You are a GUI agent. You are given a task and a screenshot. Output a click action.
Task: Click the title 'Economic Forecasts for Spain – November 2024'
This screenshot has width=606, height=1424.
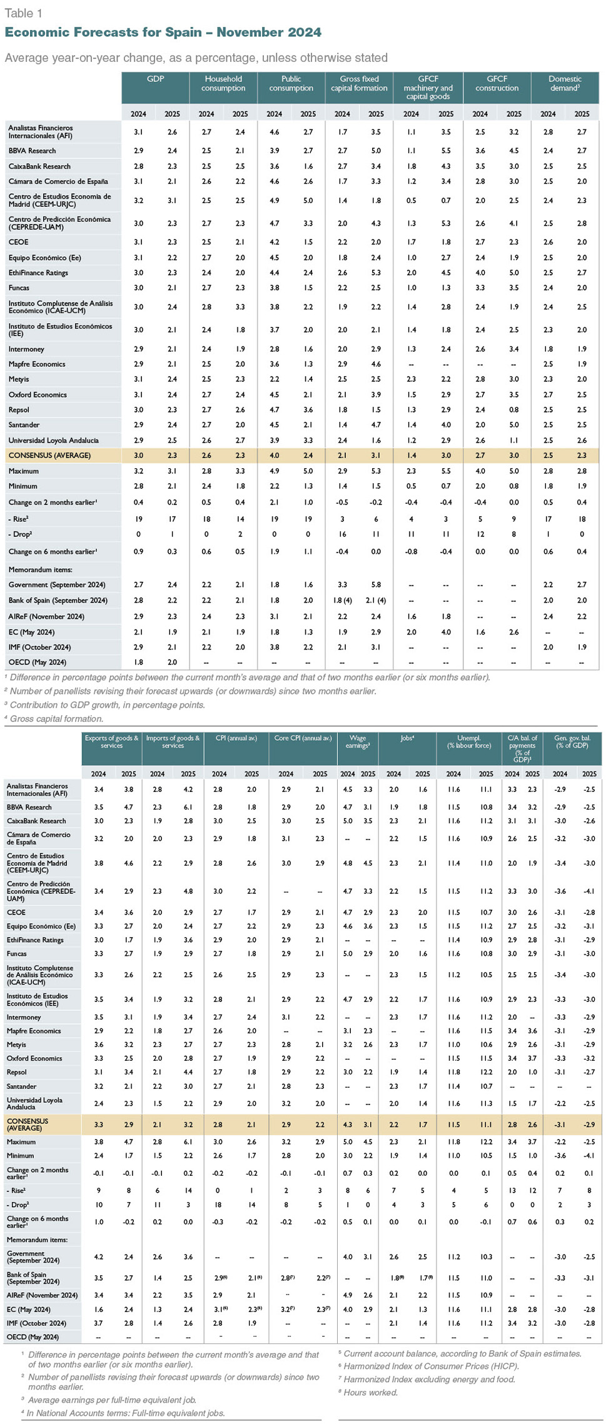163,33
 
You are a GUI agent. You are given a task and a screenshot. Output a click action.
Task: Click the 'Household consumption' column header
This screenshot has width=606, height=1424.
223,83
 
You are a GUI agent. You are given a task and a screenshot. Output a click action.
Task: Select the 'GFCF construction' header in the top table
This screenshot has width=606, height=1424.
497,83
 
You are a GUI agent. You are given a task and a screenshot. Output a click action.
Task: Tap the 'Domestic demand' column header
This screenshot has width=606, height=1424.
565,83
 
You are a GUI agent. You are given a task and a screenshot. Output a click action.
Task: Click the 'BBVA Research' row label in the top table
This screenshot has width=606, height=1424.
32,151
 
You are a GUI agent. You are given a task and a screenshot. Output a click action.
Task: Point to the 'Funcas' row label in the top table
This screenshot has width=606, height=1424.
19,288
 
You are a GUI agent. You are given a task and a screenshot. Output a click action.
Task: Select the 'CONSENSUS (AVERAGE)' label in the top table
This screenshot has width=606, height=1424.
49,455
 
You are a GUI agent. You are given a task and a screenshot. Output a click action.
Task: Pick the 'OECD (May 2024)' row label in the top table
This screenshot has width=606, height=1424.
37,662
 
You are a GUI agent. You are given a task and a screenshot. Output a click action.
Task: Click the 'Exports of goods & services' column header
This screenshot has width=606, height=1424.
112,741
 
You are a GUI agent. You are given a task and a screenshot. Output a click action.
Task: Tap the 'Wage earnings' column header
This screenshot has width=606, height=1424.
358,741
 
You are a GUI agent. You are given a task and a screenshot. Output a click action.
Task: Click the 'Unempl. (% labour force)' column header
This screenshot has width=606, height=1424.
470,741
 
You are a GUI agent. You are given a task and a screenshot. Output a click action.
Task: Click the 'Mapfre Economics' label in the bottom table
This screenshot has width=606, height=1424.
34,1031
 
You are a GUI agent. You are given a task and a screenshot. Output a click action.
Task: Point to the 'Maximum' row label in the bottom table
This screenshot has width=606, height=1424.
21,1141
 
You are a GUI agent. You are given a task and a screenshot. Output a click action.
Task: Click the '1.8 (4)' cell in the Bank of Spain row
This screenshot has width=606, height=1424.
343,600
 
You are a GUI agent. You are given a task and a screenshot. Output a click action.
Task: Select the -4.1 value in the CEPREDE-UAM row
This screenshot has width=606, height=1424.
589,891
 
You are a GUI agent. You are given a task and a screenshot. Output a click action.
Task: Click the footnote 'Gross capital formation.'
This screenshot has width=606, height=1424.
56,719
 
